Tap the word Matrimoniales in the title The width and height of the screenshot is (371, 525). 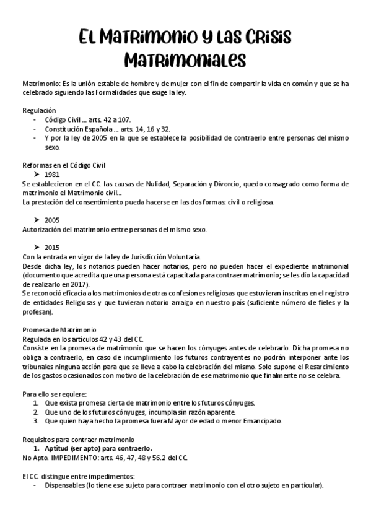click(185, 60)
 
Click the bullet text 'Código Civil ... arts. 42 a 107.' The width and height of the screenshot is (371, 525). click(89, 119)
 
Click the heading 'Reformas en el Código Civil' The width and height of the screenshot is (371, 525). click(64, 165)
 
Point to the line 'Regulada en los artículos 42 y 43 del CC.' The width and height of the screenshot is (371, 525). click(83, 339)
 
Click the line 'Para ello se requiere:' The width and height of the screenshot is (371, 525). click(55, 394)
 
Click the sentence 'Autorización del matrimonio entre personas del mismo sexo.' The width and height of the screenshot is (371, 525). click(114, 230)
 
